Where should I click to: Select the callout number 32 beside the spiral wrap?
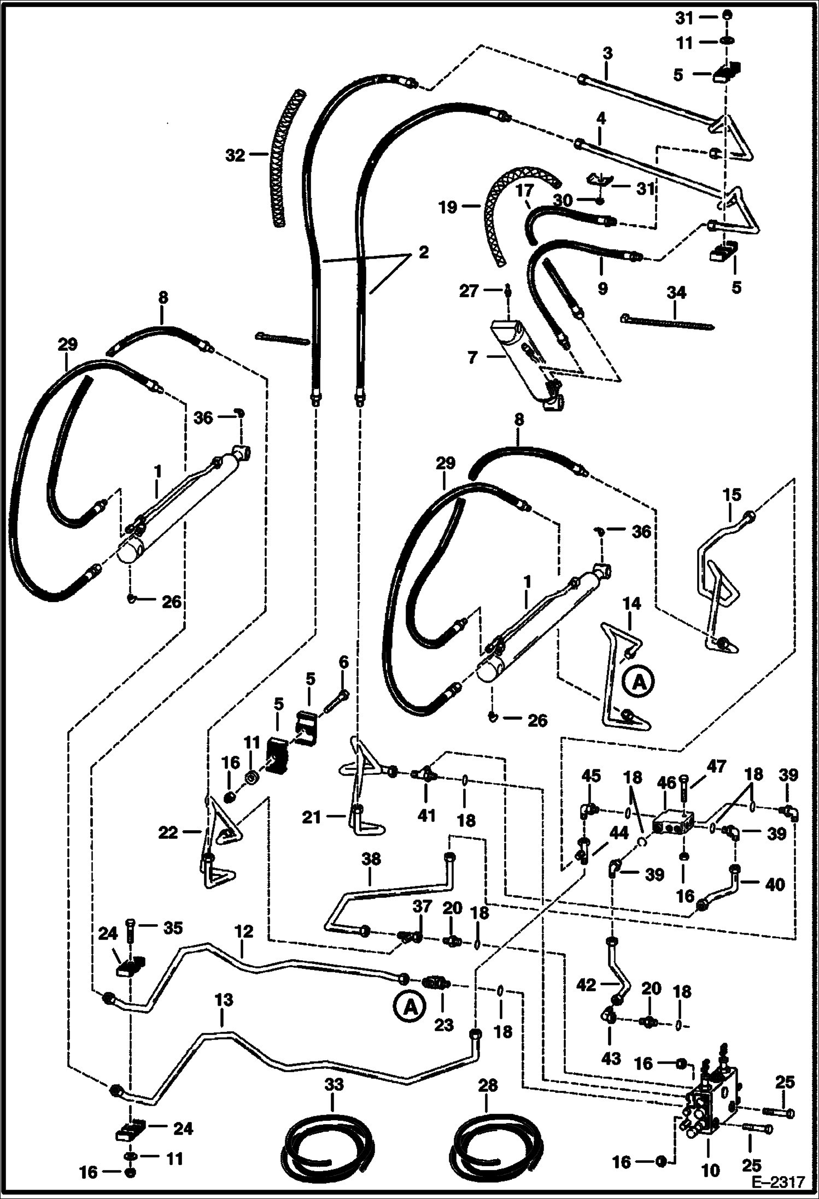(236, 156)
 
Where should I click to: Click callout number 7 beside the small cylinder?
(472, 358)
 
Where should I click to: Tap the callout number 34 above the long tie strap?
(676, 293)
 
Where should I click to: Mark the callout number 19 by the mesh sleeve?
(448, 208)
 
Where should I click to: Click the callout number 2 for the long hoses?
(423, 252)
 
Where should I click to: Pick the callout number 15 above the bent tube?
(732, 495)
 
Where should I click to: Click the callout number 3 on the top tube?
(607, 54)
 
